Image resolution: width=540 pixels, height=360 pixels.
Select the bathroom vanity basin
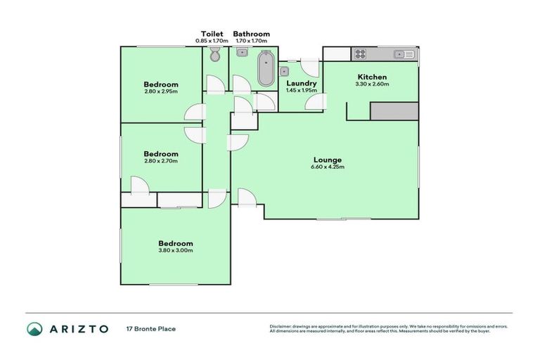point(240,55)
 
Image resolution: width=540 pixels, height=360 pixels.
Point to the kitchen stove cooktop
point(360,53)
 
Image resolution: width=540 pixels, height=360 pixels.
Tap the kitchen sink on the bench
point(401,53)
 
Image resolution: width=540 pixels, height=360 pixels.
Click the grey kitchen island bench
point(394,110)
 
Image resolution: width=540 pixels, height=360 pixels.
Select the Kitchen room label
point(373,77)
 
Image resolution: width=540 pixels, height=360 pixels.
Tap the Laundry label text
point(301,84)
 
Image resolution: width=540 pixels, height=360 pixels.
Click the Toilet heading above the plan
point(212,34)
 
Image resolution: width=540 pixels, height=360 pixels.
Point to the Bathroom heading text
point(251,34)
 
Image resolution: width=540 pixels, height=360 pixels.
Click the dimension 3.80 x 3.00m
point(176,250)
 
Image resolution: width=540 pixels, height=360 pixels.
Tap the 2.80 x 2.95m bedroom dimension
point(161,91)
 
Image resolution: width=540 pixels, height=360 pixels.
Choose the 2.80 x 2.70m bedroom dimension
point(161,161)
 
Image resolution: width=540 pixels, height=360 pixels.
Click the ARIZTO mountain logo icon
point(34,328)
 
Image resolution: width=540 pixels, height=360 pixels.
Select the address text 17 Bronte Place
point(150,328)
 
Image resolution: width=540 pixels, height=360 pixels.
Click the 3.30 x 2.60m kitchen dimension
point(373,84)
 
